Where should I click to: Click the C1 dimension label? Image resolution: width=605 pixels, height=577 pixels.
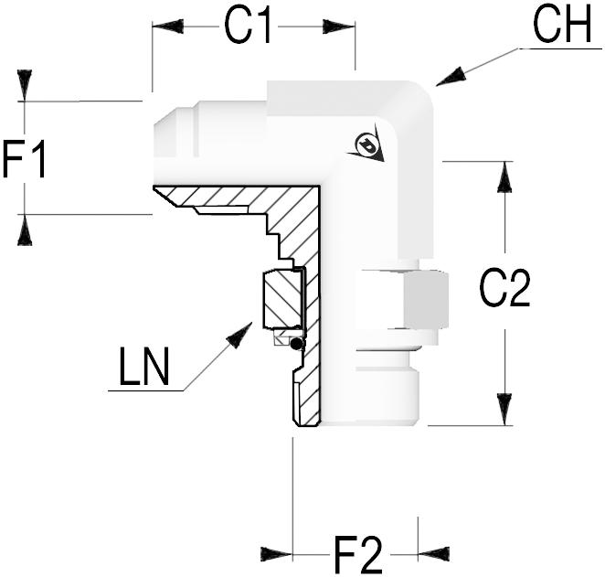tap(249, 27)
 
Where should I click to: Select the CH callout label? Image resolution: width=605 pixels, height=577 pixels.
tap(563, 27)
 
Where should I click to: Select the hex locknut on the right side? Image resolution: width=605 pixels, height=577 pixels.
tap(401, 299)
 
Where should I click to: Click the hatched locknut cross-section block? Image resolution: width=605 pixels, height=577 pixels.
tap(281, 300)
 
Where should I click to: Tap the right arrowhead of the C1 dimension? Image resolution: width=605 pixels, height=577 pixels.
tap(338, 27)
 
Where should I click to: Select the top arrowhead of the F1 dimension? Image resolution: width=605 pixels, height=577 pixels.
tap(25, 85)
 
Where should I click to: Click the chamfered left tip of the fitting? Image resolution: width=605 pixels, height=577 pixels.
tap(165, 128)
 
